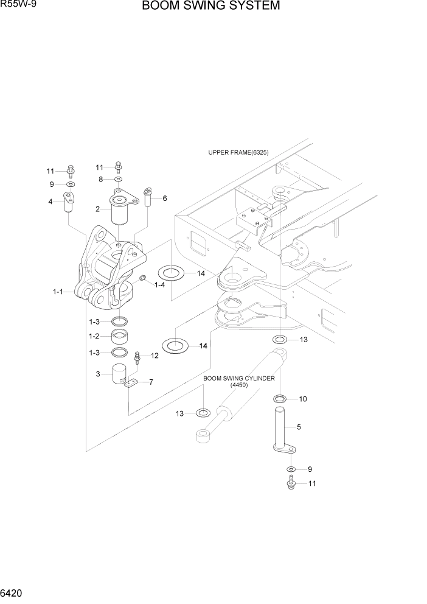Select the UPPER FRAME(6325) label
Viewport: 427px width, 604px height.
pyautogui.click(x=238, y=152)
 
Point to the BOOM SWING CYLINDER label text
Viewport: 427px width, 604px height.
pyautogui.click(x=238, y=378)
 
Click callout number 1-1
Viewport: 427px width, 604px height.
pyautogui.click(x=58, y=292)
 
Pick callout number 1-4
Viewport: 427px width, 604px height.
pyautogui.click(x=160, y=285)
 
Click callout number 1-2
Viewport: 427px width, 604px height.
pyautogui.click(x=94, y=335)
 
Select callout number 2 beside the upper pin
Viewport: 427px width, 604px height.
pyautogui.click(x=98, y=209)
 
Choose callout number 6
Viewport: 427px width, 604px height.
pyautogui.click(x=164, y=198)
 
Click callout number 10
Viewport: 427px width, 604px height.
pyautogui.click(x=302, y=399)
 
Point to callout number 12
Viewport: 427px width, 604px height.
pyautogui.click(x=154, y=356)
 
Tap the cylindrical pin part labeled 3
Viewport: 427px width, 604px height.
pyautogui.click(x=120, y=374)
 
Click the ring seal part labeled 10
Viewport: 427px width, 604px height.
pyautogui.click(x=280, y=399)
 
